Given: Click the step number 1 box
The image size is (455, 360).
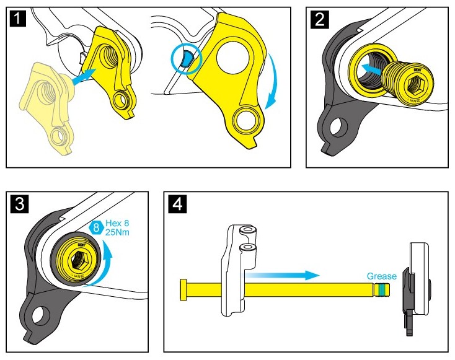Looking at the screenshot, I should (18, 19).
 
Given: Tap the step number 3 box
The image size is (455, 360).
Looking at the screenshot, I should (18, 204).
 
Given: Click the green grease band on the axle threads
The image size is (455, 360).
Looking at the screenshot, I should (384, 289).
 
